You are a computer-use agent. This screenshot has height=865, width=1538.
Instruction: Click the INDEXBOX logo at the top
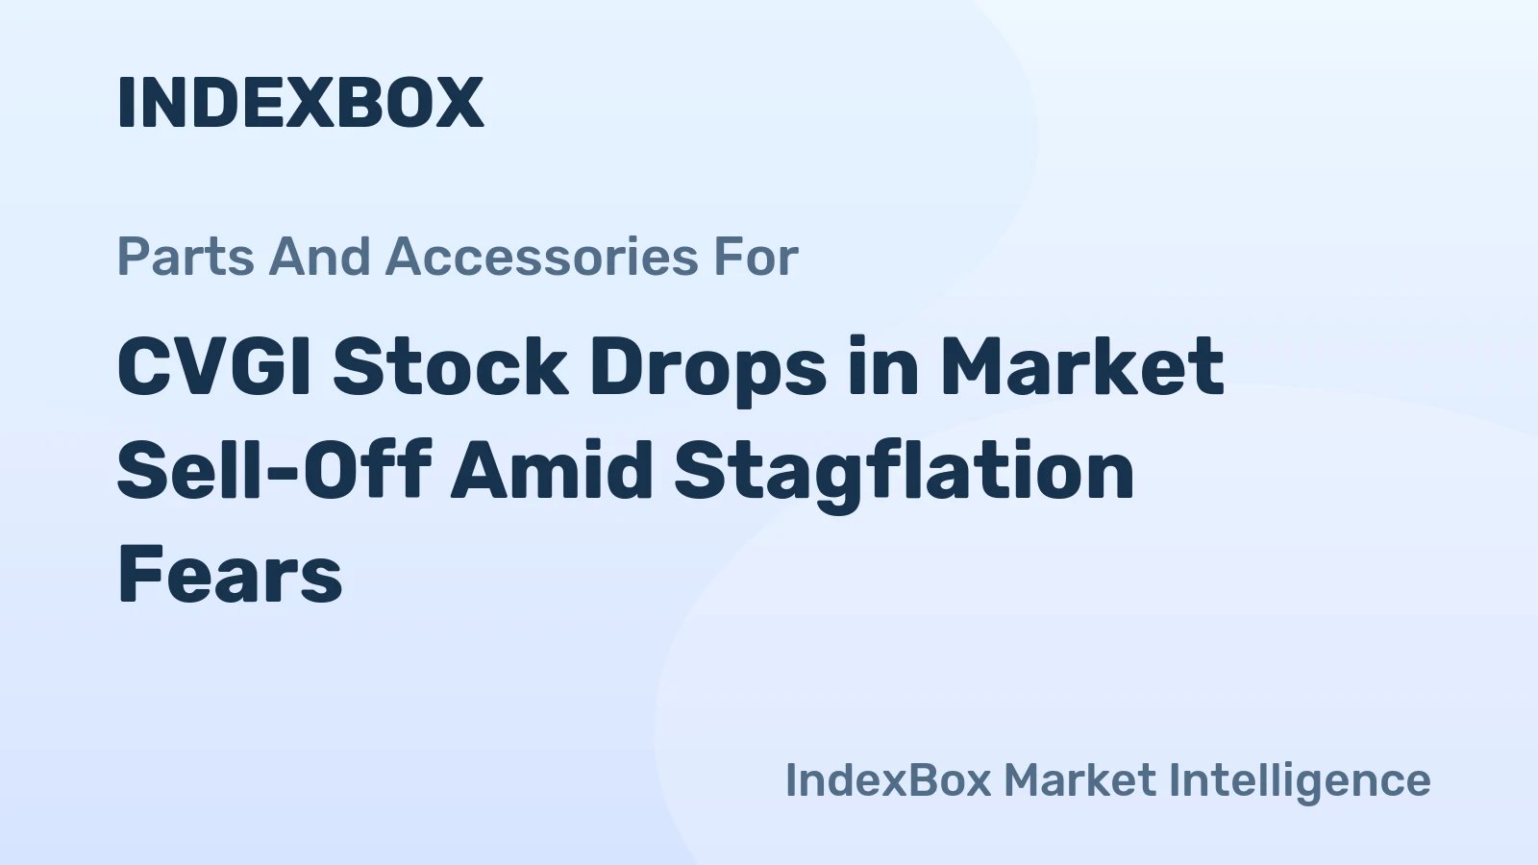pos(300,102)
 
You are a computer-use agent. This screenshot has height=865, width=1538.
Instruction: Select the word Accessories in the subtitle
pos(541,258)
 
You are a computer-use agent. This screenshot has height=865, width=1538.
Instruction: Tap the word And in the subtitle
pos(319,258)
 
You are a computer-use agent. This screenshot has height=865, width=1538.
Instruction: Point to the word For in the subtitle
pos(756,258)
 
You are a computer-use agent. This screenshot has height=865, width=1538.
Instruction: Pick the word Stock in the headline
pos(450,367)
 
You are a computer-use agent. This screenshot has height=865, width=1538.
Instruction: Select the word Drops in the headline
pos(707,367)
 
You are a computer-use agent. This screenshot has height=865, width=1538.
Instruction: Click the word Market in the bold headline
pos(1081,367)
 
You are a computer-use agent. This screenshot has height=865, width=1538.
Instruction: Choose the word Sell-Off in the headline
pos(273,471)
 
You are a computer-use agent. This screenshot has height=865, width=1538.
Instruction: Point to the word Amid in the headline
pos(552,471)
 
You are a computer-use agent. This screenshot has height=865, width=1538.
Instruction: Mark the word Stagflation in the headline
pos(904,471)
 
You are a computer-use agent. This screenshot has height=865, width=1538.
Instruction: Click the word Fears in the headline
pos(230,575)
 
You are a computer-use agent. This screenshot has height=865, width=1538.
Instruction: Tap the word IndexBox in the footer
pos(888,779)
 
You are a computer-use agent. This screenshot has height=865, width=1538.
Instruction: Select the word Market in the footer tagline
pos(1079,779)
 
